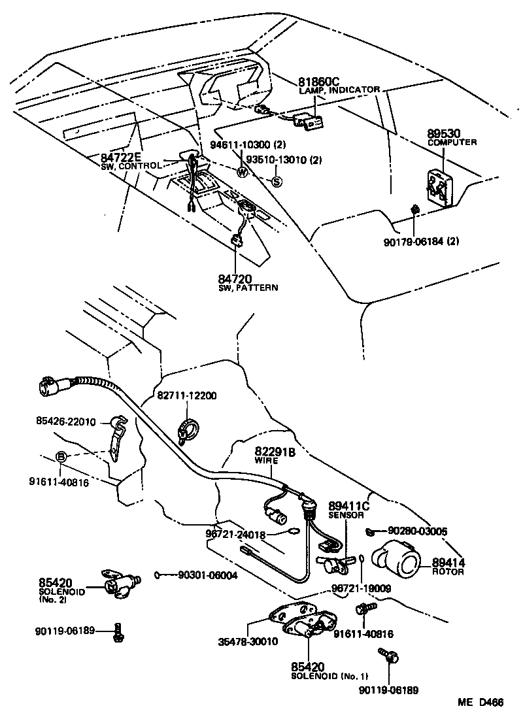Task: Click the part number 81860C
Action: (x=319, y=82)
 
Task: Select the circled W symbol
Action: (x=242, y=173)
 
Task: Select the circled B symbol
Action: (x=60, y=456)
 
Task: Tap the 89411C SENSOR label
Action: (x=348, y=509)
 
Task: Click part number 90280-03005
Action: (x=417, y=531)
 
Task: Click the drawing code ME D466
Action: (x=480, y=703)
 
